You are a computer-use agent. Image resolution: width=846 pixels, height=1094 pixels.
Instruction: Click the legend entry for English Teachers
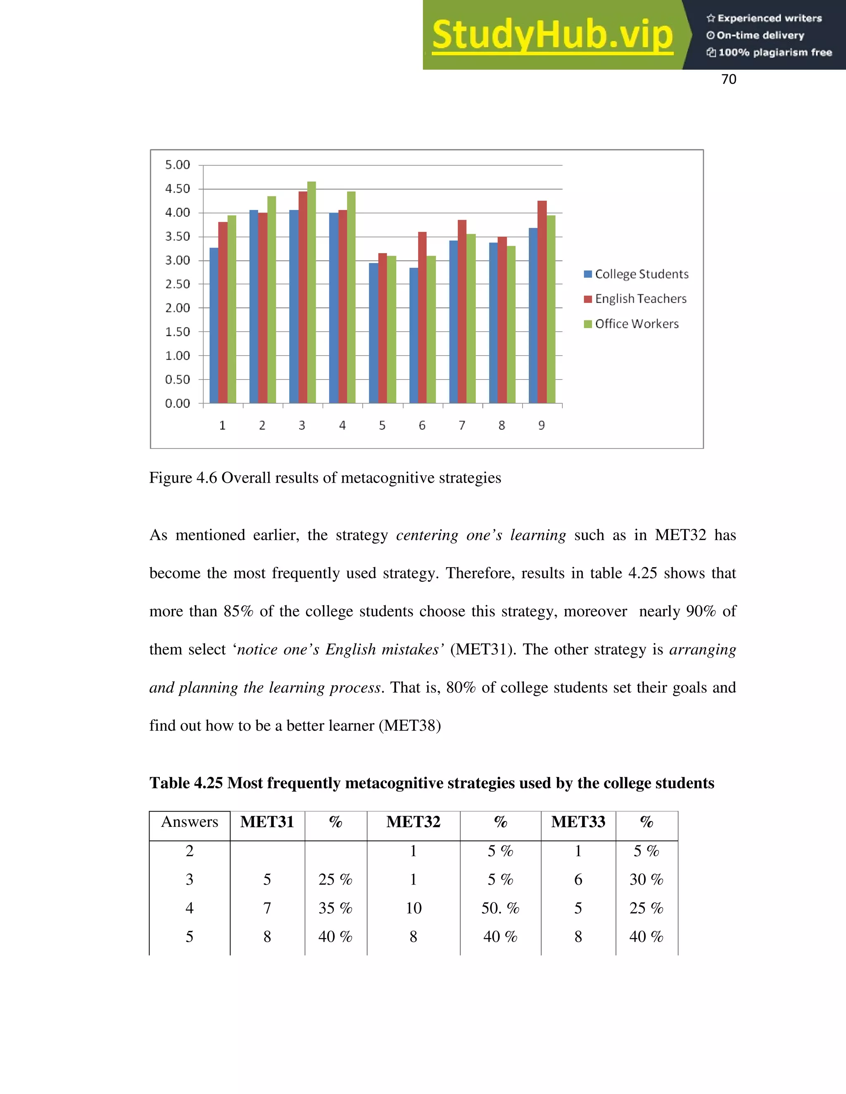(x=635, y=299)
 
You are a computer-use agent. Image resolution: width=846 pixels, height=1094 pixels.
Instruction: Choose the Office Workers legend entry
(x=632, y=324)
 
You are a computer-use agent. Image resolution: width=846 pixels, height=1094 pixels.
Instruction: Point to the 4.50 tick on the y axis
(x=178, y=189)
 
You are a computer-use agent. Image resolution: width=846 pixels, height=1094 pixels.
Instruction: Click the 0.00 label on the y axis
(x=178, y=403)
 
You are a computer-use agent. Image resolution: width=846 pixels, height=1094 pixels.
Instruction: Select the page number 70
(x=728, y=79)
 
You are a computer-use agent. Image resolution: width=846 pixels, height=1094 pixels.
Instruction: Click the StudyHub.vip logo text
(x=552, y=35)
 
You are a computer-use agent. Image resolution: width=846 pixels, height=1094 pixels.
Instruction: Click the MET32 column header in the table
(x=413, y=822)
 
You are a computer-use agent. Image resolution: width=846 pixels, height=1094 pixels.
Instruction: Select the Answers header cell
(x=190, y=822)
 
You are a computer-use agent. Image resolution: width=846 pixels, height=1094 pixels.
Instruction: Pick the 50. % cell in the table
(x=500, y=908)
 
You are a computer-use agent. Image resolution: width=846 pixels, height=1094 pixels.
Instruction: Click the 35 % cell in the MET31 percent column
(x=335, y=908)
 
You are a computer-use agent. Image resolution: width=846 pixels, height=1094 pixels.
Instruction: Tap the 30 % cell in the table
(x=646, y=880)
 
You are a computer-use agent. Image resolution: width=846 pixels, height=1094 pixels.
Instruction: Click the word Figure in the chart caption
(x=171, y=478)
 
